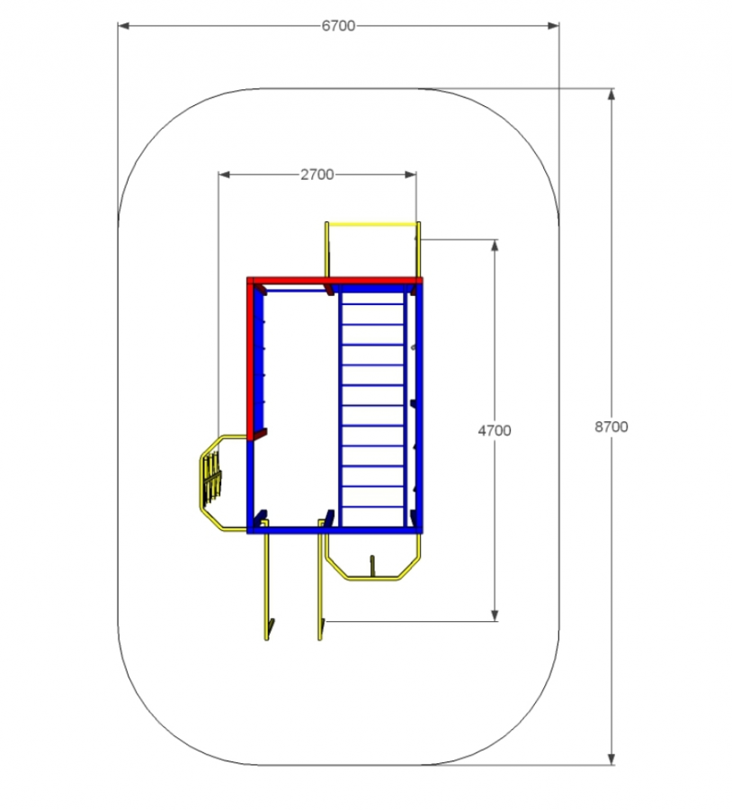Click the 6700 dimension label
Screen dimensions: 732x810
pos(338,26)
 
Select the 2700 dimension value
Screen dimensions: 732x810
pos(317,175)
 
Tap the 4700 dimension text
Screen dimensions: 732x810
pos(495,430)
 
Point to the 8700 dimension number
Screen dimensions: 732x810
pos(611,427)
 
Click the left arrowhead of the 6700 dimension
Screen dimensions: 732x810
pos(123,26)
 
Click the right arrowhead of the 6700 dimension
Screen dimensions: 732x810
pos(553,26)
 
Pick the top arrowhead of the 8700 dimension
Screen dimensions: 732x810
pos(611,94)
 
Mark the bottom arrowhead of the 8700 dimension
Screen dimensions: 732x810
pos(611,759)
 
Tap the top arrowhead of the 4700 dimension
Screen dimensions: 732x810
pos(495,245)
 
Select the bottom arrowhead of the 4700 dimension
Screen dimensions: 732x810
pos(495,616)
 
